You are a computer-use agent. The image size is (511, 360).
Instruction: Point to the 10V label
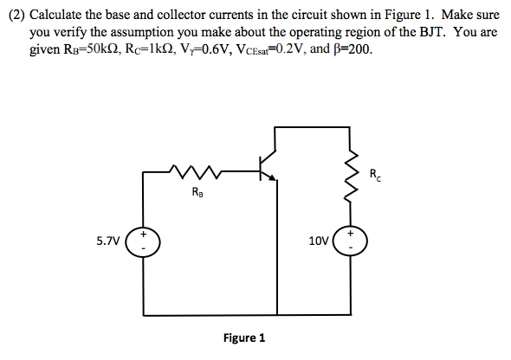tap(319, 242)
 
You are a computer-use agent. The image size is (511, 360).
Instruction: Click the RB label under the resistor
tap(199, 193)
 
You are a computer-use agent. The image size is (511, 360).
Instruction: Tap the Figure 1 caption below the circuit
tap(243, 337)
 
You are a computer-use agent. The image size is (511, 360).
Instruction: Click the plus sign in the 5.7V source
tap(144, 234)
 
